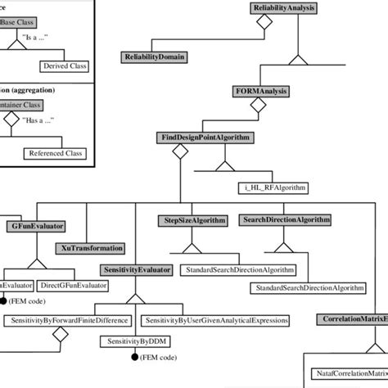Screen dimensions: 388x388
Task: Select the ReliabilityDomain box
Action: click(x=156, y=57)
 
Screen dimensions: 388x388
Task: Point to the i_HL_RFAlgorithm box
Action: click(x=269, y=187)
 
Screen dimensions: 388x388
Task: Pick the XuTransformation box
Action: click(x=92, y=247)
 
